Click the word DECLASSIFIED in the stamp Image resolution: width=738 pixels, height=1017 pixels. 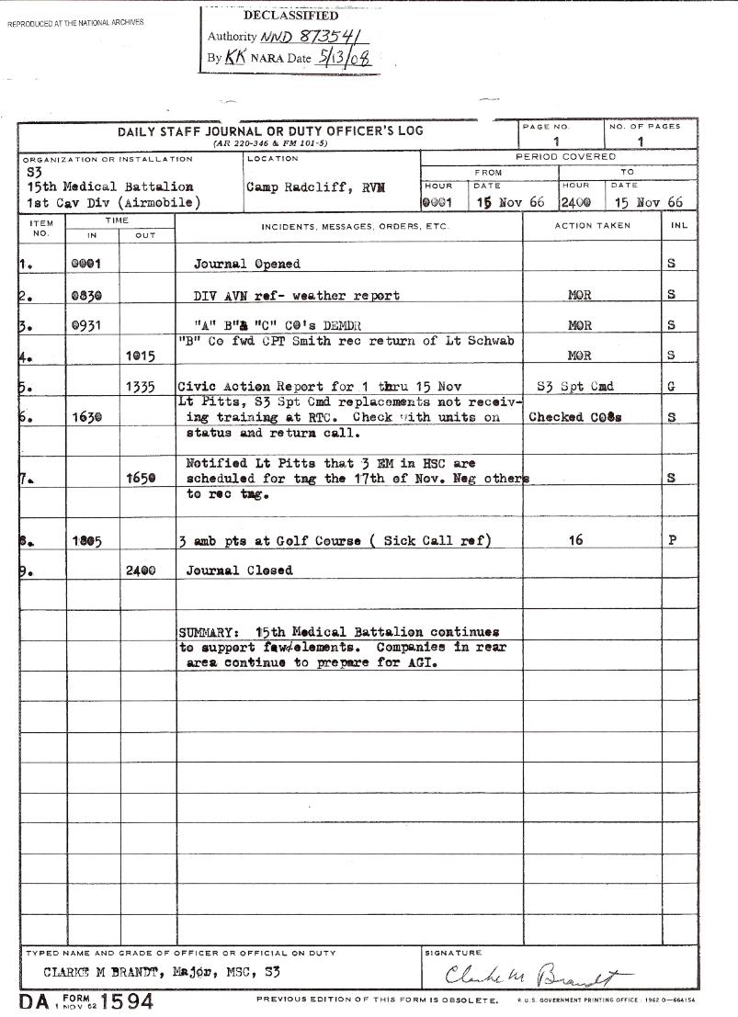(x=290, y=16)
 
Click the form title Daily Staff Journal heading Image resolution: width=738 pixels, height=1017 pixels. (x=270, y=131)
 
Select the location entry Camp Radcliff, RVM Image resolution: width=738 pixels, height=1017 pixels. (x=315, y=186)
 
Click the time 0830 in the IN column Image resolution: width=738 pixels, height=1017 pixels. (x=86, y=295)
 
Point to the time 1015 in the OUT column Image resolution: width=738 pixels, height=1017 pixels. (x=141, y=356)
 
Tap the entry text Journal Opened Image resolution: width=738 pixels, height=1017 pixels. (x=246, y=264)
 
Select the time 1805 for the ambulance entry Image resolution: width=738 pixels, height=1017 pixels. (x=86, y=541)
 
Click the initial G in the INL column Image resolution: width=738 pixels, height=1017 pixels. (x=671, y=387)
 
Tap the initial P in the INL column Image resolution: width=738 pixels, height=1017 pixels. (x=671, y=541)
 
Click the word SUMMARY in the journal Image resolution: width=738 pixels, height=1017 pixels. (x=208, y=632)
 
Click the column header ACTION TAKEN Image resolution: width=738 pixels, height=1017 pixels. (x=591, y=225)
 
